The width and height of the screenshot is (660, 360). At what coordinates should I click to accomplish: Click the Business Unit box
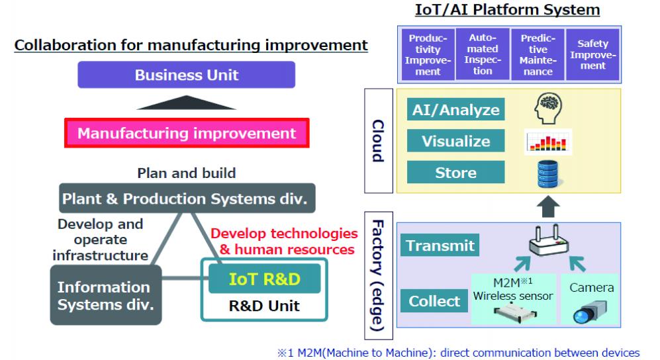(187, 75)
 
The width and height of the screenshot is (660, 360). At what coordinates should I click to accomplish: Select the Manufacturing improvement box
(187, 134)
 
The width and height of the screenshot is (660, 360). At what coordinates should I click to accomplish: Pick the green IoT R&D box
(265, 279)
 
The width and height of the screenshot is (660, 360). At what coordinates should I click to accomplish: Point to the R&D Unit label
(265, 306)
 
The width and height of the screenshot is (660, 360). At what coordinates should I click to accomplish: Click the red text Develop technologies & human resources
(284, 242)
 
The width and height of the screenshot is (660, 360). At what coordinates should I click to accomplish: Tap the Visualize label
(456, 142)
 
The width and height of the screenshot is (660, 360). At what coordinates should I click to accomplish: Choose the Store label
(456, 173)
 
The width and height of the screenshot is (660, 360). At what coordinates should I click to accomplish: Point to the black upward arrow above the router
(547, 208)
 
